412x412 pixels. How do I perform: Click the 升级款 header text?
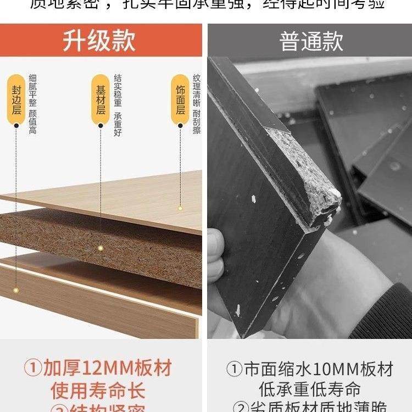(99, 41)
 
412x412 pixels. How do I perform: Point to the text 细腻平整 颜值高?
(32, 105)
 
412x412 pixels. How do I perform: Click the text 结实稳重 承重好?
(118, 105)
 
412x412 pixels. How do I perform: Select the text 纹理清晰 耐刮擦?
(197, 105)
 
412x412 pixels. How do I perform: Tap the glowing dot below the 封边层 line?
(16, 289)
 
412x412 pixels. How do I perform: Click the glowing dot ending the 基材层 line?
(101, 249)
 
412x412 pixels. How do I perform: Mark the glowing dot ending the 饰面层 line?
(180, 208)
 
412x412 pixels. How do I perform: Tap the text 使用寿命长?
(98, 391)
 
